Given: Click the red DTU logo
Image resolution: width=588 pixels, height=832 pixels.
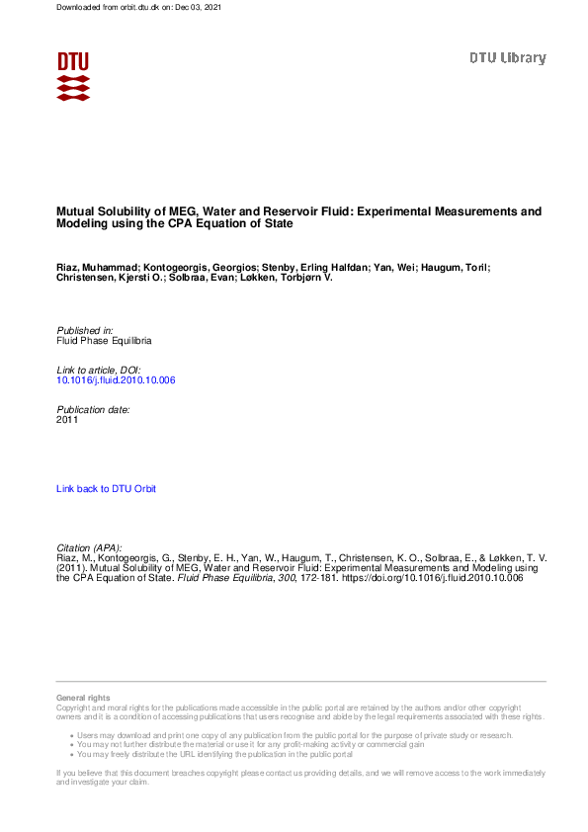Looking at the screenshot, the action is click(73, 75).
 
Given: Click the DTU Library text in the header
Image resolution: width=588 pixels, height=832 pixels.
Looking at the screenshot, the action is click(507, 58).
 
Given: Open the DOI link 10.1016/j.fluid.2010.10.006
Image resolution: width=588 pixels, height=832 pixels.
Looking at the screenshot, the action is click(116, 379).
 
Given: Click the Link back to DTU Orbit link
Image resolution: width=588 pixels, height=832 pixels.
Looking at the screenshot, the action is click(106, 489).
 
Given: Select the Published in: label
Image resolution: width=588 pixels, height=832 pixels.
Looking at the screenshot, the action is click(85, 330).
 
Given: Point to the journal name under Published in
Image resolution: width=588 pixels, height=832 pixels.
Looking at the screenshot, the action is click(104, 340).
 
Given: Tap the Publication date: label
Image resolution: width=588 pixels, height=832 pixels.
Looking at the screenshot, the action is click(93, 409).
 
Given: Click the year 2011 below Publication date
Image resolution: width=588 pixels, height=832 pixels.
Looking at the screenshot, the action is click(67, 419).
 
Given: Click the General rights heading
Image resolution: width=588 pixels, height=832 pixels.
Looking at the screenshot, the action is click(83, 699).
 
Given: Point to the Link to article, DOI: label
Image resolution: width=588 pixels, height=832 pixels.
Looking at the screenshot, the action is click(98, 370).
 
